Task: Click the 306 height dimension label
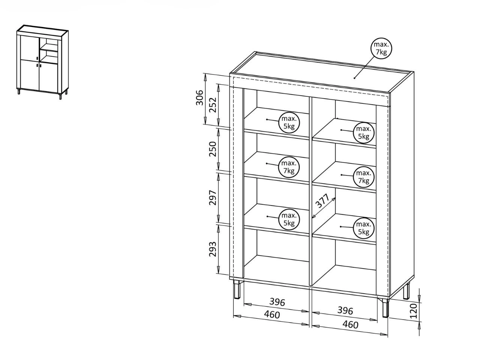(199, 97)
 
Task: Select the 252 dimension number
(212, 105)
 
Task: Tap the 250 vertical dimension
(212, 149)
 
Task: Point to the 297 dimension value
(212, 198)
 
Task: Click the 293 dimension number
(212, 249)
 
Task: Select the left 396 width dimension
(277, 302)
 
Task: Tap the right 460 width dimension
(350, 325)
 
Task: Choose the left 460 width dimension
(272, 315)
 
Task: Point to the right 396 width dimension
(345, 310)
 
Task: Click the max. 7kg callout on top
(381, 48)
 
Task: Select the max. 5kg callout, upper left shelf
(289, 123)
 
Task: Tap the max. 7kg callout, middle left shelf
(289, 167)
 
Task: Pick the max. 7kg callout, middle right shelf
(364, 177)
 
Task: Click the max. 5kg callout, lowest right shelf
(364, 228)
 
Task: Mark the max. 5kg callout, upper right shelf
(364, 132)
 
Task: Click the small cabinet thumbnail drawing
(43, 62)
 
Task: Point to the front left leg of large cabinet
(237, 289)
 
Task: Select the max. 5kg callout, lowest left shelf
(289, 219)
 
